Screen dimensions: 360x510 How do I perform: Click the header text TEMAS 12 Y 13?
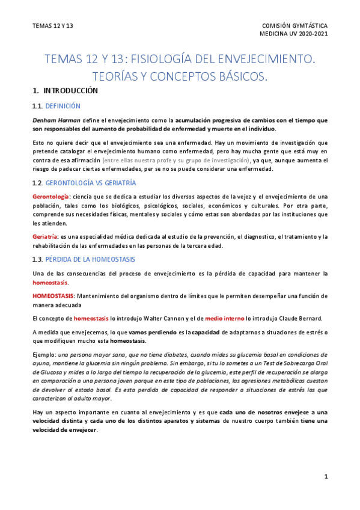[x=53, y=26]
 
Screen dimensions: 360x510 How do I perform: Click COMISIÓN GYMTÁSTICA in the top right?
[x=295, y=26]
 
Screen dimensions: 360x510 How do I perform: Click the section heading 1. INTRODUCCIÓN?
[x=65, y=91]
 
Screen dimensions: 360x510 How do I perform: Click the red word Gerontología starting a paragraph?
[x=50, y=197]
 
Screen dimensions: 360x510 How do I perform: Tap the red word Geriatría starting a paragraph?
[x=45, y=236]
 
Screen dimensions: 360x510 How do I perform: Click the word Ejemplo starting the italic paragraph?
[x=43, y=355]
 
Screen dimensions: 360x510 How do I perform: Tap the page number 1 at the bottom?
[x=326, y=477]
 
